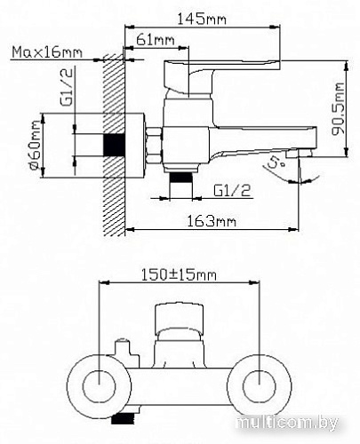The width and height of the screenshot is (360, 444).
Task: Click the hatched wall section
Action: click(113, 142)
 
